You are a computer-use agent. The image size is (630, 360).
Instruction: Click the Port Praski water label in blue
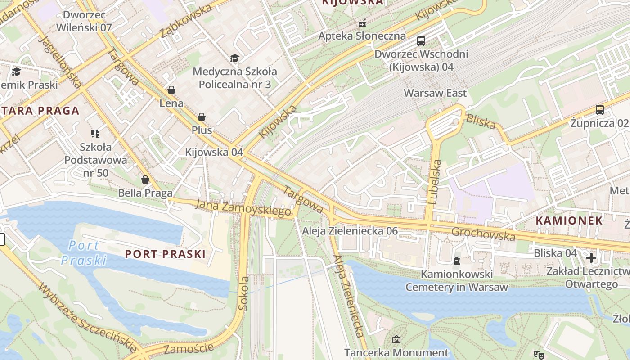(84, 253)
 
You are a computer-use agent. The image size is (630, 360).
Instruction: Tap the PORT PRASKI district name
(165, 254)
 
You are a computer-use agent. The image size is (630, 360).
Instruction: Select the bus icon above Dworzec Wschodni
(421, 41)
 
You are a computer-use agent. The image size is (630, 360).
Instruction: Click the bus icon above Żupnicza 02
(599, 109)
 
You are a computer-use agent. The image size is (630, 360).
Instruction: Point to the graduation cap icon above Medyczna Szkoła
(234, 58)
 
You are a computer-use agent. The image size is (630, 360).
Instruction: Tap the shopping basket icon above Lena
(171, 90)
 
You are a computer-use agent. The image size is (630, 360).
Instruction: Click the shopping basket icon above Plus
(202, 117)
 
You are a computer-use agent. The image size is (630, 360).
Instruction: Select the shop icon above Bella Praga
(145, 180)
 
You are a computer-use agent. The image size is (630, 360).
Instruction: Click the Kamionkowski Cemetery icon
(457, 261)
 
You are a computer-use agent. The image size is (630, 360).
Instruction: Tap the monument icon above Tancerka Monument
(396, 339)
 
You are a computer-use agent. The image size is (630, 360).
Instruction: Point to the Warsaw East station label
(435, 93)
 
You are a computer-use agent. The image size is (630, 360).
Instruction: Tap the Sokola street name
(243, 293)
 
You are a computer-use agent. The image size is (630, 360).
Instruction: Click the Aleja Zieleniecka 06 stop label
(350, 231)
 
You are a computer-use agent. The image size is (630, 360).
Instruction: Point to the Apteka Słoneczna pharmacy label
(362, 36)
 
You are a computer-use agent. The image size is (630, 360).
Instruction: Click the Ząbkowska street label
(185, 22)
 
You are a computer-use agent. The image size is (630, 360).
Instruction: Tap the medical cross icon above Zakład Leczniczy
(591, 258)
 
